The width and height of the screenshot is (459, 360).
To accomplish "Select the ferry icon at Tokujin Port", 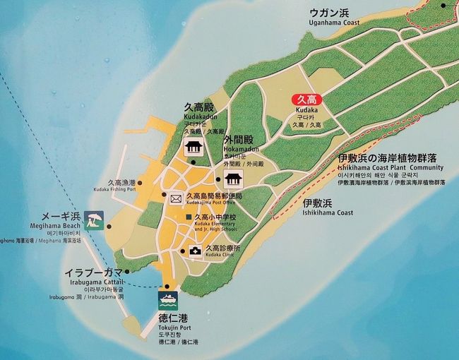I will [x=167, y=297].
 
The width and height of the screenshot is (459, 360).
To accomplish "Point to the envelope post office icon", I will [x=175, y=197].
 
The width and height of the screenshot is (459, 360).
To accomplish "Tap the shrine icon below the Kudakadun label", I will [x=191, y=148].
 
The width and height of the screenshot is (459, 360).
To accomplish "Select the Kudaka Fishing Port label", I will [x=112, y=189].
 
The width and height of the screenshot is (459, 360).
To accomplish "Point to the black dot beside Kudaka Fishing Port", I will [x=141, y=183].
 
